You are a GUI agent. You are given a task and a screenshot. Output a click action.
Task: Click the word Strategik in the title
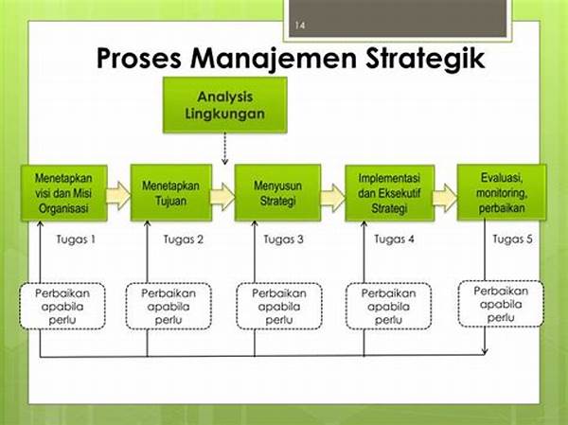(425, 60)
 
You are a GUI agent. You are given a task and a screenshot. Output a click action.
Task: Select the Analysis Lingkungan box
(225, 105)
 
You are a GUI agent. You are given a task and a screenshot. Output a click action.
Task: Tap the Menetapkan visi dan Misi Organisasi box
(64, 193)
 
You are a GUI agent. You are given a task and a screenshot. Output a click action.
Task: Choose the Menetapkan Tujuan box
(171, 193)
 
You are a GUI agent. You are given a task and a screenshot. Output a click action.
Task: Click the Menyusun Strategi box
(277, 193)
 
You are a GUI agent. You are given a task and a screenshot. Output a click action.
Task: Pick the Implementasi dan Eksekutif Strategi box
(389, 193)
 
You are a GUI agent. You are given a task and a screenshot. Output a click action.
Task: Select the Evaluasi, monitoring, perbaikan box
(502, 192)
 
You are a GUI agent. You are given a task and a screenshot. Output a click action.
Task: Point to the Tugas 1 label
(76, 239)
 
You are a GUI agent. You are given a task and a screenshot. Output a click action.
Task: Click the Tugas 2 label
(184, 239)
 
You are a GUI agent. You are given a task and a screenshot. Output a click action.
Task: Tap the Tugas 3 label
(283, 239)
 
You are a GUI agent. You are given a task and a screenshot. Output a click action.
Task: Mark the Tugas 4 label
(394, 239)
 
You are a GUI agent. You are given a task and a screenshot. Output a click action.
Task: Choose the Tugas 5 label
(512, 239)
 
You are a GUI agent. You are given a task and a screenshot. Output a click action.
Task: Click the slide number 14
(300, 26)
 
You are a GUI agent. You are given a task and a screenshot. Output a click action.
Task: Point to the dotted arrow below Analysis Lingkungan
(225, 149)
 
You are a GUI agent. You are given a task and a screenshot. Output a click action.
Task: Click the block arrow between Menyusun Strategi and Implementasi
(332, 198)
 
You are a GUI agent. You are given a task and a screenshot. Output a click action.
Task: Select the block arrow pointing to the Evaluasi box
(445, 198)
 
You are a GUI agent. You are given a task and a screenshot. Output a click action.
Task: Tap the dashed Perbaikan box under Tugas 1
(62, 306)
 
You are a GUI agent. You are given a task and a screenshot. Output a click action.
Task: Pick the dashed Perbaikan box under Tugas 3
(279, 306)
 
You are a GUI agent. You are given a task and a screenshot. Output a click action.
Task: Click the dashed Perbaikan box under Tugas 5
(501, 304)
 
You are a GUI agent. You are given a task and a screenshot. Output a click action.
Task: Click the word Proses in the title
(139, 60)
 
